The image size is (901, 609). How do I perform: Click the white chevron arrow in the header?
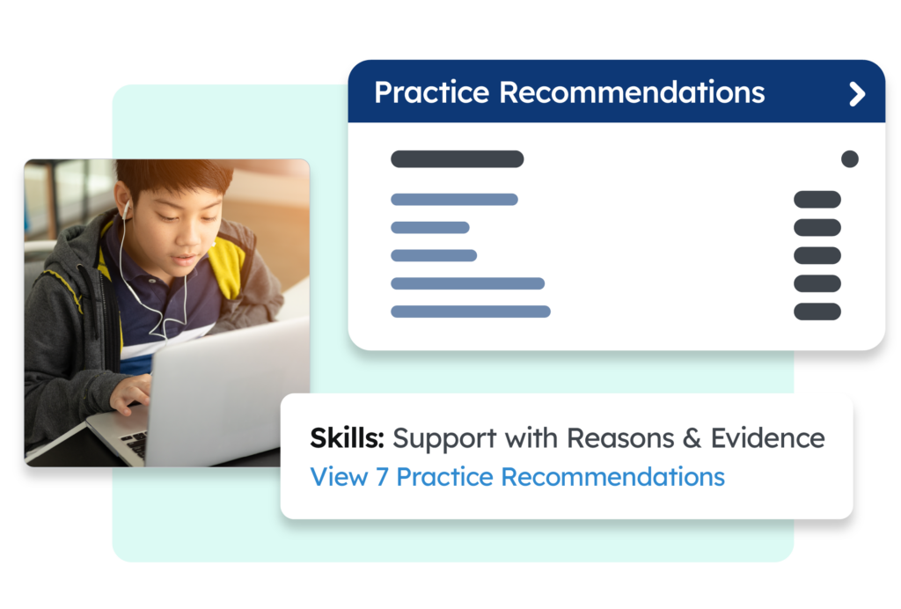(857, 93)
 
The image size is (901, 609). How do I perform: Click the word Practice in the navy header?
(431, 92)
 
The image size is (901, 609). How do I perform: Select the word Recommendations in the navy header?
(632, 92)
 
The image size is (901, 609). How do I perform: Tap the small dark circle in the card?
(850, 158)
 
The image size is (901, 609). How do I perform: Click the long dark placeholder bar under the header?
(458, 158)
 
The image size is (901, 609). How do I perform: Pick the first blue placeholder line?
(455, 200)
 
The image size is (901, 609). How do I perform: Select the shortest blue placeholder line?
(430, 228)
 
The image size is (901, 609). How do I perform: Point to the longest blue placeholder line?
(471, 312)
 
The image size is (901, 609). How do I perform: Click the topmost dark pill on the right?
(817, 200)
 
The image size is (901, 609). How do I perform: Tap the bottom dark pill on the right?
(817, 312)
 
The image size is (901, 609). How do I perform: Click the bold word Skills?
(347, 437)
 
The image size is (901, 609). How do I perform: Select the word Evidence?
(767, 437)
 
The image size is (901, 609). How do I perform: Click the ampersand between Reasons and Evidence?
(692, 438)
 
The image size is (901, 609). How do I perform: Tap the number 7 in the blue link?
(382, 478)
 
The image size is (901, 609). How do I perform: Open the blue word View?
(339, 477)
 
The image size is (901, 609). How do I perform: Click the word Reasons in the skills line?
(620, 437)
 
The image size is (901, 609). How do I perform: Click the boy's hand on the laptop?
(130, 393)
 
